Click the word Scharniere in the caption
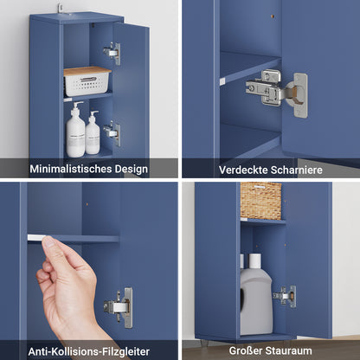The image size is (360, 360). pos(297,170)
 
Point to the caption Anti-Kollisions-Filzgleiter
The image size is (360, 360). pos(88,350)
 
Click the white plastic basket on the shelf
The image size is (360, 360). pos(87,84)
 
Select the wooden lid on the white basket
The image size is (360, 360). pos(87,71)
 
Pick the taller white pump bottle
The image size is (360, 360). pos(76,132)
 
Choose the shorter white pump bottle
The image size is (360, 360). pos(92,134)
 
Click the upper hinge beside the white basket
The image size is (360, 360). pos(112,53)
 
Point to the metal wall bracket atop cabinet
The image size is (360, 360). pos(61,8)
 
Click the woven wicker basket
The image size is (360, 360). pos(260,200)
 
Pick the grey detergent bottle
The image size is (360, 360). pos(255,299)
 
